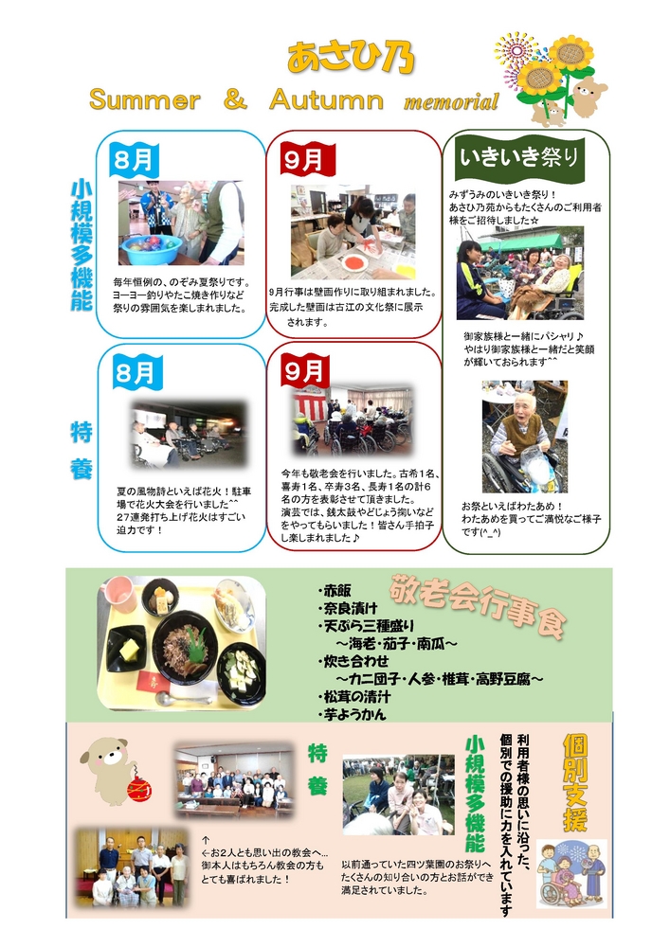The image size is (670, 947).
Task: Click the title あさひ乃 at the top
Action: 351,58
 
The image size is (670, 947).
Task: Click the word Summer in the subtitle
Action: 144,99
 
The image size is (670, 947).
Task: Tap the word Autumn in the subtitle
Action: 326,99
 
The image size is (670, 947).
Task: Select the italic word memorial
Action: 451,101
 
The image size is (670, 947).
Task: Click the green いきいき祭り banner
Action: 519,157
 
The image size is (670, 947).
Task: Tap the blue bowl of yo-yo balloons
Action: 152,249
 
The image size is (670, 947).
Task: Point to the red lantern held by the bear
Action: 139,789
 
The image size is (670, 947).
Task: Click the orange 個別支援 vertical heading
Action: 574,782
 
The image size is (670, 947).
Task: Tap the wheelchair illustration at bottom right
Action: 557,889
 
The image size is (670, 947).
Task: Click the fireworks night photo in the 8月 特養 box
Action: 190,435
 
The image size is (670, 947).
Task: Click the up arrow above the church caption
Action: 206,840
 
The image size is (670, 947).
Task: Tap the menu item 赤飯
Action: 336,591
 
